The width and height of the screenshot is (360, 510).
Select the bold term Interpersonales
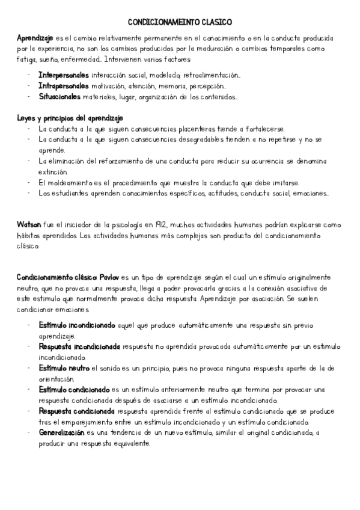(64, 76)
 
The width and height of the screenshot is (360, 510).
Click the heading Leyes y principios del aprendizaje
(70, 118)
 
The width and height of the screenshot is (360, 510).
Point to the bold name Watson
(29, 224)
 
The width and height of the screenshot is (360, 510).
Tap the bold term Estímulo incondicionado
(76, 325)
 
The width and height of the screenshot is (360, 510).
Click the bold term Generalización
(61, 432)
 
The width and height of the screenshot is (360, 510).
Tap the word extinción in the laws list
(53, 172)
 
